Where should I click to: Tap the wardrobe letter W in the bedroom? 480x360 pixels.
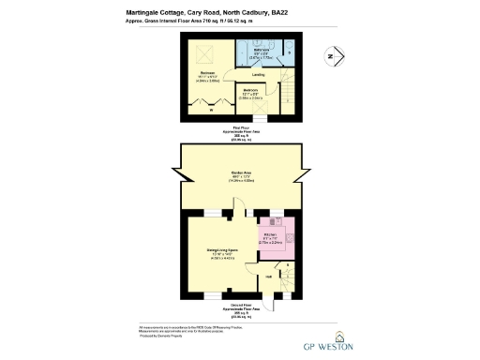[211, 111]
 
